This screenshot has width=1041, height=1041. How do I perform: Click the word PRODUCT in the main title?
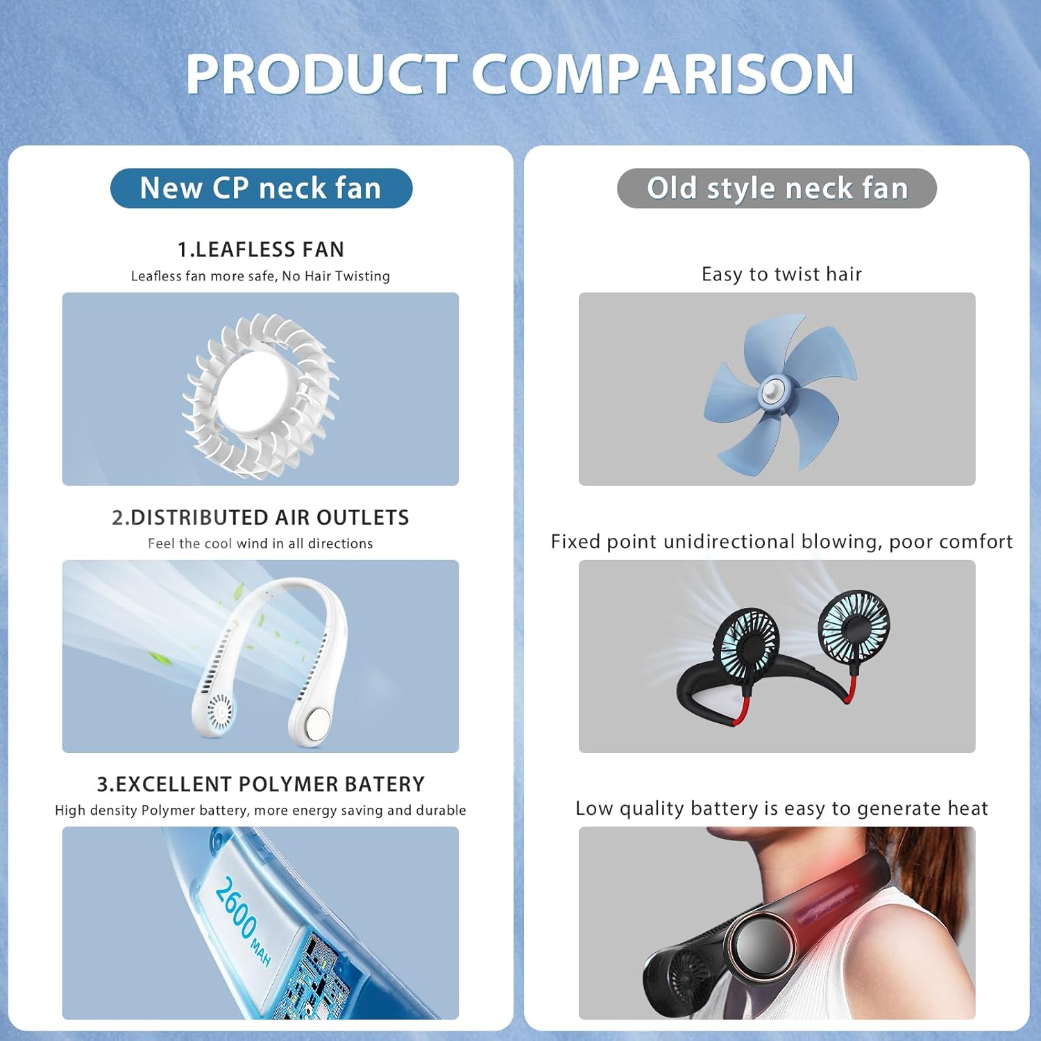coord(321,74)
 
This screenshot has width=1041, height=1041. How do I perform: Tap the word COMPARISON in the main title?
coord(663,74)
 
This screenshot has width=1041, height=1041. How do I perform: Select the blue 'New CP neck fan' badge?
coord(261,188)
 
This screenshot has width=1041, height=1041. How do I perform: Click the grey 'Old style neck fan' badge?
coord(777,188)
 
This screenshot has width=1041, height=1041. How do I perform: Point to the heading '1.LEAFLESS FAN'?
coord(261,249)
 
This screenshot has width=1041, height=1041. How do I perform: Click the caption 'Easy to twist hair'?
coord(781,274)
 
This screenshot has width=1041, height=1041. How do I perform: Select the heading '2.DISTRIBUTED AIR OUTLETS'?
coord(260,518)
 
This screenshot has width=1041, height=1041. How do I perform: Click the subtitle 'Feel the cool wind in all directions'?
coord(260,543)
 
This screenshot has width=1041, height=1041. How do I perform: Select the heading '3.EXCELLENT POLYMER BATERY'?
coord(260,784)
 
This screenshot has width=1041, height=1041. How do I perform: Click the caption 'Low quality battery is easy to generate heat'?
coord(781,809)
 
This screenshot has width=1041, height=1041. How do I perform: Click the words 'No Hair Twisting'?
coord(336,276)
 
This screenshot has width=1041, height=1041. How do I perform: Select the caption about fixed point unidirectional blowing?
coord(781,541)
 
